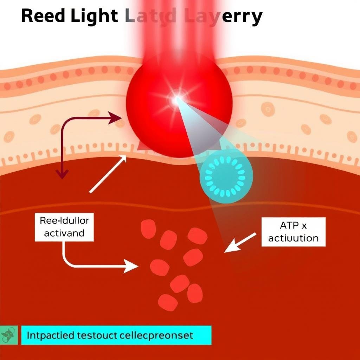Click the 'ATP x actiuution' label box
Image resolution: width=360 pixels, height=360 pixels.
coord(294,232)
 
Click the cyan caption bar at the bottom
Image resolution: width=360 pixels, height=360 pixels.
coord(116,335)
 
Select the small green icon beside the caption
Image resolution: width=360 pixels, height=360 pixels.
coord(8,335)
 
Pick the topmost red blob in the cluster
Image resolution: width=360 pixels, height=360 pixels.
coord(148,229)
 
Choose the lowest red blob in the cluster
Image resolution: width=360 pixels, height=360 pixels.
coord(168,302)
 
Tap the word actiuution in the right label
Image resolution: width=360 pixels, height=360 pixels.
coord(294,238)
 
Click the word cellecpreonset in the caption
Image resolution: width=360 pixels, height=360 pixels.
coord(158,335)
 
